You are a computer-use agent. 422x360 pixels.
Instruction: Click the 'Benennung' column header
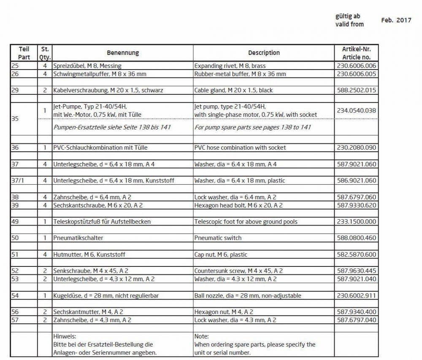122,53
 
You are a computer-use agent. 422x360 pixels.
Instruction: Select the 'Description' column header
264,53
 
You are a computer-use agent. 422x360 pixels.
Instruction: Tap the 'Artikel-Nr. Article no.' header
356,53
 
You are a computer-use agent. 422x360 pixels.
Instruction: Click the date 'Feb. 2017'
396,20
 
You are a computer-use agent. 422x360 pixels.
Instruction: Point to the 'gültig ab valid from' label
349,20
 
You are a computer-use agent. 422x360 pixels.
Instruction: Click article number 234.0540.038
356,110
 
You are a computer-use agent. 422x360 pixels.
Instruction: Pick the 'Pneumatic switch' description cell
218,238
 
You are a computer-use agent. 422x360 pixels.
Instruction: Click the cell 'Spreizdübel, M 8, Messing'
87,66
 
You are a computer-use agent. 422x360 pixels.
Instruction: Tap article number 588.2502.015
356,90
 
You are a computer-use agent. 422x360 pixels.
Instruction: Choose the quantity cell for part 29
45,90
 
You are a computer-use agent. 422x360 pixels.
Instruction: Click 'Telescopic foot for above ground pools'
246,222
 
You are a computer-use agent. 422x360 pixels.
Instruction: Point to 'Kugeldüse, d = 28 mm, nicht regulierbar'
105,296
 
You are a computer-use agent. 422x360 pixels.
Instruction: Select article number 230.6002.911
356,296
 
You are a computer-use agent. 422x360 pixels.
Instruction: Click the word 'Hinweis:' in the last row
64,336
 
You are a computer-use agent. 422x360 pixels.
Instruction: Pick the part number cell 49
15,222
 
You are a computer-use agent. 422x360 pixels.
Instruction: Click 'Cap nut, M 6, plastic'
221,255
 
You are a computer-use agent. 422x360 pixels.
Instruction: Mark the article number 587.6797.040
356,320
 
